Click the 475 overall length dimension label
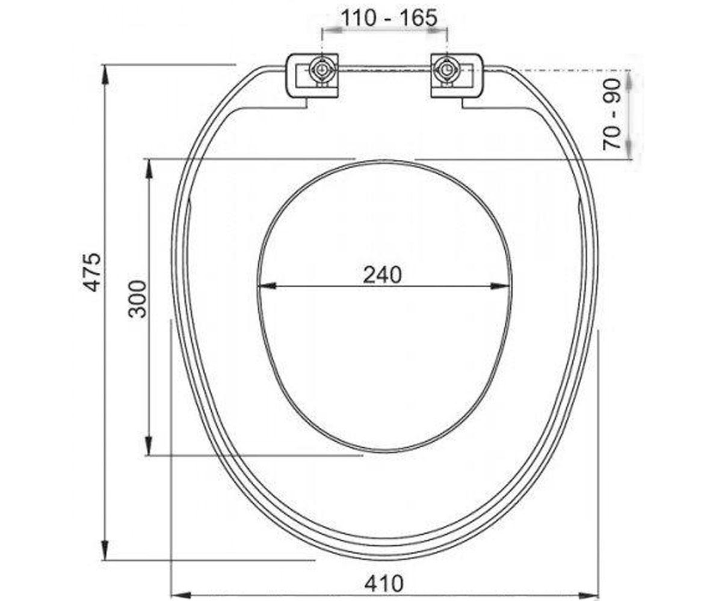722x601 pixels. point(93,272)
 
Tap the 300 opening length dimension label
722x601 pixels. point(138,299)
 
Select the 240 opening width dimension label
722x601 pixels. point(383,275)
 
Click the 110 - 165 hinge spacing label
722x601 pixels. point(389,17)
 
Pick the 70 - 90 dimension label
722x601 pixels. point(611,115)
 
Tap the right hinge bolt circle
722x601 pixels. point(448,70)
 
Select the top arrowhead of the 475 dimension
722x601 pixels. point(105,75)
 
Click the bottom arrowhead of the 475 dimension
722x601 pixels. point(105,551)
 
